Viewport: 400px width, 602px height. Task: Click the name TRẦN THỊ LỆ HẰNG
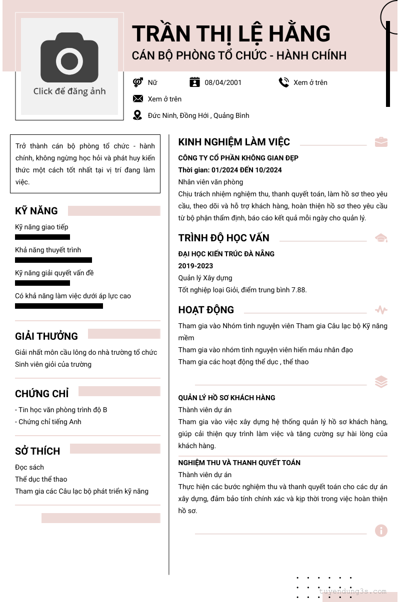(x=231, y=34)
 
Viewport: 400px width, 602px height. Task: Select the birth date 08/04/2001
(x=223, y=82)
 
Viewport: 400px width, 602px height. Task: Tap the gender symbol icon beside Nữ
(x=138, y=82)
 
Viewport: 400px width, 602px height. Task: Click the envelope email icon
(x=138, y=99)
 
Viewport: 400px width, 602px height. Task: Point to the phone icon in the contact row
(x=284, y=82)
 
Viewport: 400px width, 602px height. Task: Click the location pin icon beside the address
(x=137, y=115)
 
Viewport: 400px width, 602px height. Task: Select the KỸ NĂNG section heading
(x=36, y=211)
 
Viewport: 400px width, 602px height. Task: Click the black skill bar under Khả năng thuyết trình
(x=53, y=260)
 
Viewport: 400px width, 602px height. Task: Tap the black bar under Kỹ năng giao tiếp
(x=42, y=237)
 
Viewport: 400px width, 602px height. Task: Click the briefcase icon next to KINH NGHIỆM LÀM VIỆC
(x=381, y=142)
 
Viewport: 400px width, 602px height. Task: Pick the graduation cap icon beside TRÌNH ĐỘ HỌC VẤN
(x=381, y=238)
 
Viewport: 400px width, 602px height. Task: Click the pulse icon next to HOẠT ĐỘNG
(x=381, y=310)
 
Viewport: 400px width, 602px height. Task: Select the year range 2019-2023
(x=195, y=266)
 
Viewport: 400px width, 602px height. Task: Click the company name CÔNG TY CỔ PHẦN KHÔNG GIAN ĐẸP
(x=238, y=158)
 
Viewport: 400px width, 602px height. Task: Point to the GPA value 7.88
(x=298, y=290)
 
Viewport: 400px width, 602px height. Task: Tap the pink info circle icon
(x=381, y=531)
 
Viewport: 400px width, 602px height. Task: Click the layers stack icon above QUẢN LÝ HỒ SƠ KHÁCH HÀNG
(x=381, y=382)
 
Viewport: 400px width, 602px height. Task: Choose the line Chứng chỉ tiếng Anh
(x=49, y=422)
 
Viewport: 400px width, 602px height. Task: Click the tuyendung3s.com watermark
(x=353, y=592)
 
